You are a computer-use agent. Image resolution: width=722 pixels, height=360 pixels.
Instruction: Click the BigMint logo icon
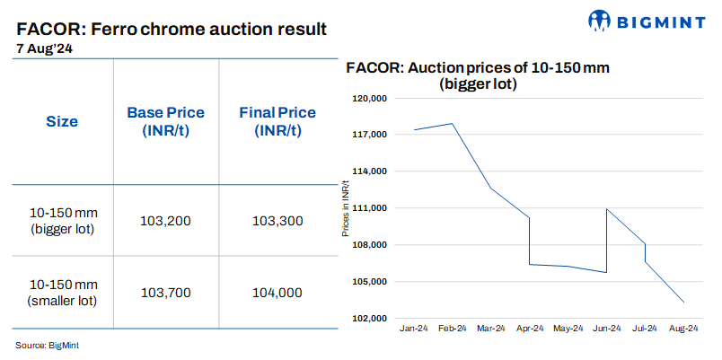pos(601,21)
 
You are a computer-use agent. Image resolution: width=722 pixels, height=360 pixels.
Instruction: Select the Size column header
pos(62,122)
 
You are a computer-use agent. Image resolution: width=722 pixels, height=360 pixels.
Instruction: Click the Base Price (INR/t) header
pos(165,122)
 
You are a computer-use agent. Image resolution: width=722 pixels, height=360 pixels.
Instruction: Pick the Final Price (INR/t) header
pos(277,122)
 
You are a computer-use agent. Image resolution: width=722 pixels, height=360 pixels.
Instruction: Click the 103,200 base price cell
pos(165,221)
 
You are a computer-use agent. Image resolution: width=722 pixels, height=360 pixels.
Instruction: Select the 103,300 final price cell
pos(277,221)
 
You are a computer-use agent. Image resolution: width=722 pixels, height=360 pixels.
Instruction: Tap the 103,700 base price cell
pos(165,292)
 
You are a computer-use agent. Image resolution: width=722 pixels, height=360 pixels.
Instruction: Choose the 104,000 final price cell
pos(277,292)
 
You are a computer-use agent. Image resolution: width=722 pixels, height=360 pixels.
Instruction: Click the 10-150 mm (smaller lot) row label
pos(62,292)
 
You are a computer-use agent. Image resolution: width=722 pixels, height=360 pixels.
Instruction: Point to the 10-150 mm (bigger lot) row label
pos(62,221)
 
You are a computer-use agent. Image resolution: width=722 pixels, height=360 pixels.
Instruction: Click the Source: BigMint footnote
pos(48,345)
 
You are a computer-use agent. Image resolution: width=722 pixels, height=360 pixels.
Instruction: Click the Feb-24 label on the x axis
pos(452,329)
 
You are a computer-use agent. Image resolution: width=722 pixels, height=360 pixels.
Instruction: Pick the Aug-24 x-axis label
pos(684,329)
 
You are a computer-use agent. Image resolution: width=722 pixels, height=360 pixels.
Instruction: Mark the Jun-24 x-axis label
pos(607,329)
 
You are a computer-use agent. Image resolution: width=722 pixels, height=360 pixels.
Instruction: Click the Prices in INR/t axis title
pos(346,208)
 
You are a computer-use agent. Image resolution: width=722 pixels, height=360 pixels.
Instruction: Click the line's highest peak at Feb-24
pos(452,124)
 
